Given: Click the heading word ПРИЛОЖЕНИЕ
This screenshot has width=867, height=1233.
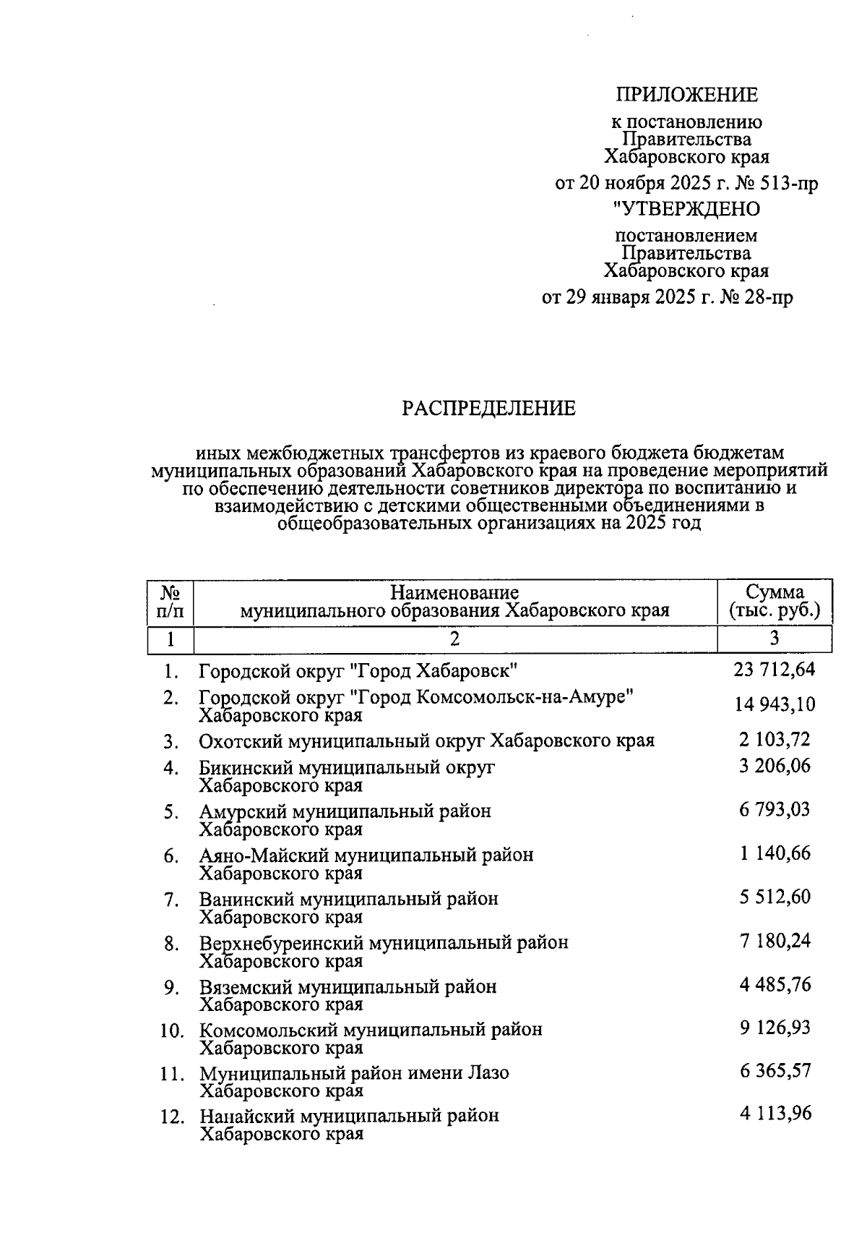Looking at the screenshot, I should pos(686,95).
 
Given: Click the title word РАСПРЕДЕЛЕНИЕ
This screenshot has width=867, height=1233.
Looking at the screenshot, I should pos(488,409).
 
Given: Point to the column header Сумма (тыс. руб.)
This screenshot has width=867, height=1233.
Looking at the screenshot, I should pos(775,602).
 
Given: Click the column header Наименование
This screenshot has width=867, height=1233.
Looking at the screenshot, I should pos(454,593).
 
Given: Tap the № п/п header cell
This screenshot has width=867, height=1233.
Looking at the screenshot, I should pos(170,602).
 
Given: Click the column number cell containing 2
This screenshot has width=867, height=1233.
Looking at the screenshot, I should pos(454,639).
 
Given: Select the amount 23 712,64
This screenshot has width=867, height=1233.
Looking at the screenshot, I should pos(774,670).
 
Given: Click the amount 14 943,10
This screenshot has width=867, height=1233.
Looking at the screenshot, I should pos(775,705).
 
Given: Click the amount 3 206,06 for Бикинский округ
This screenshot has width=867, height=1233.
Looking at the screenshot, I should pos(775,766).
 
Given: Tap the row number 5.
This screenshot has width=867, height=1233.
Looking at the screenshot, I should pos(171,812).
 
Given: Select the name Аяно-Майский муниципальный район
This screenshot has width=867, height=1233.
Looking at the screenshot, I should pos(366,856).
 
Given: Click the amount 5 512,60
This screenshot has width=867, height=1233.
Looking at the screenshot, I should pos(775,897).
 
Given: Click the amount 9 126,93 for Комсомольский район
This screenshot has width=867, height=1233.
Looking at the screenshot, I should pos(775,1028).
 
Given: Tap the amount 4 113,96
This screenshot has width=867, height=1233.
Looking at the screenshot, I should pos(775,1114).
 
